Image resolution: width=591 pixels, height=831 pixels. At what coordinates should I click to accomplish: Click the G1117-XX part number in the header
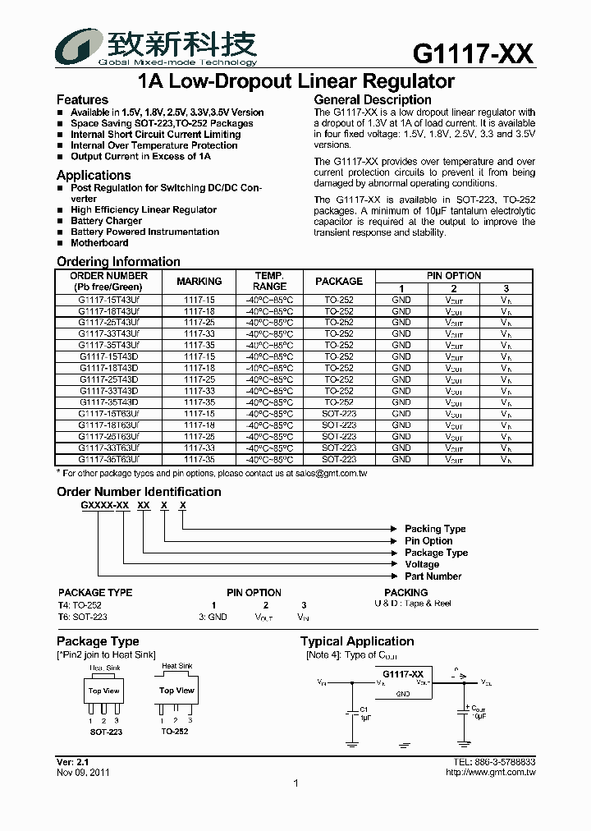(473, 54)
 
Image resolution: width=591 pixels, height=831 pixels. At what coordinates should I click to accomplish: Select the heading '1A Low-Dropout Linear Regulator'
(295, 81)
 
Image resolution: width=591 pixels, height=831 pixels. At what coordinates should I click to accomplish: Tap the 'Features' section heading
(82, 99)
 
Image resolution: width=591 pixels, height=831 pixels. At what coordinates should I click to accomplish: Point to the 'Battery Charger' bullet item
(106, 221)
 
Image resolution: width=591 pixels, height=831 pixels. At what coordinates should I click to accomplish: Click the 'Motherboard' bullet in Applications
(99, 243)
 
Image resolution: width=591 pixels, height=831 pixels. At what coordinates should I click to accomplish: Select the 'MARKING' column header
(199, 282)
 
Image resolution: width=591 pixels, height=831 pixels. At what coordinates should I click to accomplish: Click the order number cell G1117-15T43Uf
(109, 301)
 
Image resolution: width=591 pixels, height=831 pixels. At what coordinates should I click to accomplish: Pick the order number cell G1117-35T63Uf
(109, 460)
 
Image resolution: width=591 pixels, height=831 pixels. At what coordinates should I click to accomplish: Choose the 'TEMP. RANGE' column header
(269, 282)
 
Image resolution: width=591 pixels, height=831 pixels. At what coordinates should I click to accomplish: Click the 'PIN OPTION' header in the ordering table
(454, 276)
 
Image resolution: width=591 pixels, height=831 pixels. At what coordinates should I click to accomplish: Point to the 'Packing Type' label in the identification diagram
(435, 529)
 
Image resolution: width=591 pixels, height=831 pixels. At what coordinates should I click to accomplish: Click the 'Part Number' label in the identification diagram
(433, 576)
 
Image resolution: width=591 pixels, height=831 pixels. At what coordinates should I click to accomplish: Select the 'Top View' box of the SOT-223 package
(104, 691)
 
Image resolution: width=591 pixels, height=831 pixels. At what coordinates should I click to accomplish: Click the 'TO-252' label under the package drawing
(174, 731)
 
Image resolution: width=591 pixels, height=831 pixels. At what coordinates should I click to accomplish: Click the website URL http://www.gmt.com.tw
(490, 772)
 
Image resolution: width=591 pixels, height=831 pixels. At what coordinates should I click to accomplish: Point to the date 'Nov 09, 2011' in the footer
(83, 772)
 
